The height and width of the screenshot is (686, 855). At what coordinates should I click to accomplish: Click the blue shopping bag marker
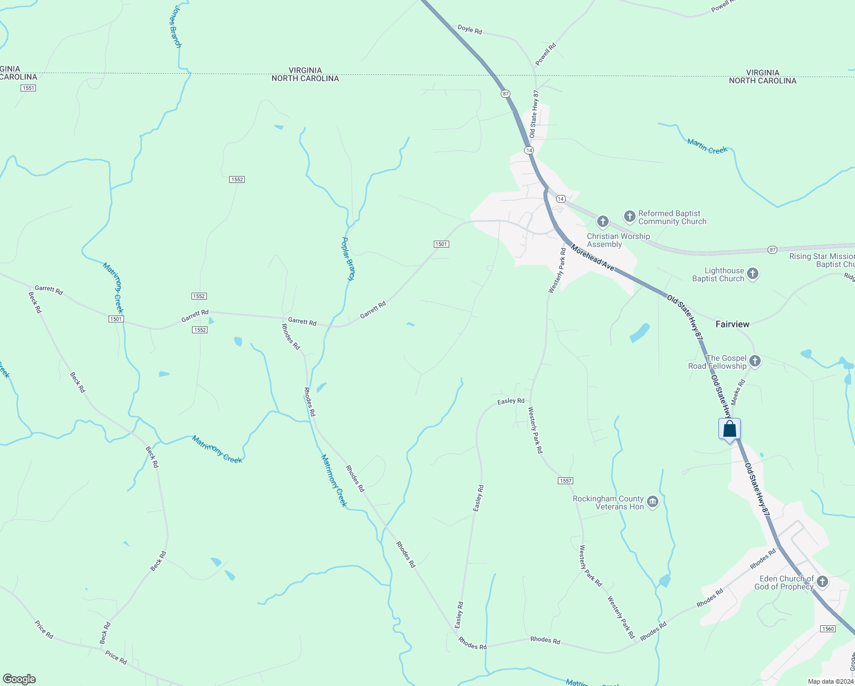tap(729, 429)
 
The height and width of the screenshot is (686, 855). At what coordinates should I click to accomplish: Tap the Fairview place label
tap(732, 324)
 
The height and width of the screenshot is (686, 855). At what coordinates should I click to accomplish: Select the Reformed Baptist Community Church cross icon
tap(629, 216)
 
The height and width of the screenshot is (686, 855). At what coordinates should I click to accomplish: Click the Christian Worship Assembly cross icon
tap(602, 221)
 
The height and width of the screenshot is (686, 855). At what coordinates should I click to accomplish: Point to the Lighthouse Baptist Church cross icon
tap(753, 274)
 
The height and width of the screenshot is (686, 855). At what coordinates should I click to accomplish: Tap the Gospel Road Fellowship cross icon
tap(755, 361)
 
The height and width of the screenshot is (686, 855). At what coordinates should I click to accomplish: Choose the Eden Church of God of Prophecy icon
tap(822, 582)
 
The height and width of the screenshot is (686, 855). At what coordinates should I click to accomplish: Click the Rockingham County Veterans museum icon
tap(653, 502)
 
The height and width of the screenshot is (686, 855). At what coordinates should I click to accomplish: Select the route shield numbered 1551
tap(27, 88)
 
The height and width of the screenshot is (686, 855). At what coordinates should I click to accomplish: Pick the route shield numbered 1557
tap(565, 481)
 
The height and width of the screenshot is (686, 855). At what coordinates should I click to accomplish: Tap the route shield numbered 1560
tap(828, 629)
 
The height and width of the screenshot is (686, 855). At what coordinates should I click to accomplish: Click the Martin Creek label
tap(707, 146)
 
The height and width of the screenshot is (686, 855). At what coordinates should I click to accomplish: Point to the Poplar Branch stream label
tap(348, 258)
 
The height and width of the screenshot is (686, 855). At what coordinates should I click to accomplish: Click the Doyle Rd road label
tap(470, 29)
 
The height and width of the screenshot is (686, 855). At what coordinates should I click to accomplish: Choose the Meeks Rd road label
tap(738, 392)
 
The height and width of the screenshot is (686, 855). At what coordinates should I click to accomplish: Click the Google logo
tap(19, 679)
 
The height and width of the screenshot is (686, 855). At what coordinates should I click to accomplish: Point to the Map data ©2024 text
tap(830, 681)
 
